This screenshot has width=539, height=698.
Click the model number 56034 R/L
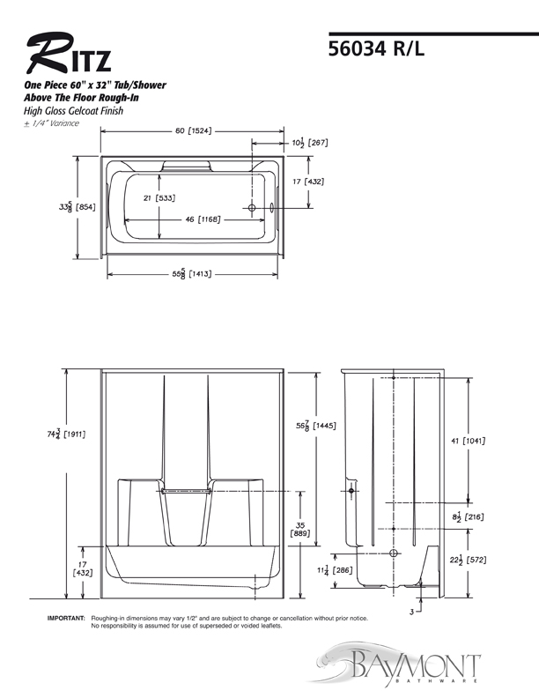point(376,48)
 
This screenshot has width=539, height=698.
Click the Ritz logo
point(69,53)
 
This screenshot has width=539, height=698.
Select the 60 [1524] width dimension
point(193,130)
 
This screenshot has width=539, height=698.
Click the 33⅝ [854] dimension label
point(77,206)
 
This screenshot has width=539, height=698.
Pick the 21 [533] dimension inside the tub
point(159,198)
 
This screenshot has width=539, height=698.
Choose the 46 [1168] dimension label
point(203,219)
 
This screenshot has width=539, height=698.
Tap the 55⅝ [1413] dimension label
point(192,274)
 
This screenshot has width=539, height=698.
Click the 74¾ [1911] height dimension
point(66,434)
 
